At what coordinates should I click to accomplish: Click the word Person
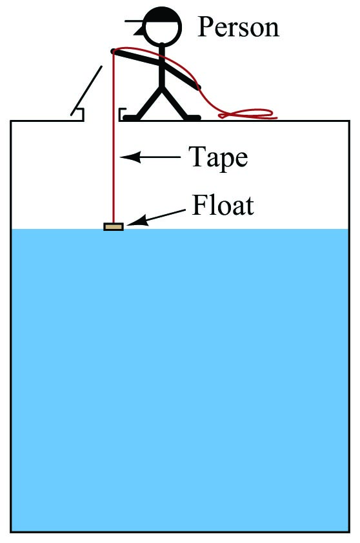pyautogui.click(x=238, y=27)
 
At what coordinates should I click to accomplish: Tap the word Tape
pyautogui.click(x=218, y=158)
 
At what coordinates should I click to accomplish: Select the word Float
pyautogui.click(x=223, y=205)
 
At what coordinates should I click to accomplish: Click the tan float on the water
pyautogui.click(x=114, y=227)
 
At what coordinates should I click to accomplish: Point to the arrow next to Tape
pyautogui.click(x=150, y=157)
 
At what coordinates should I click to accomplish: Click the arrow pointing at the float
pyautogui.click(x=156, y=217)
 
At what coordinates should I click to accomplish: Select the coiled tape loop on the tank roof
pyautogui.click(x=248, y=114)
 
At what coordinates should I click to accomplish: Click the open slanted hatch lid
pyautogui.click(x=86, y=90)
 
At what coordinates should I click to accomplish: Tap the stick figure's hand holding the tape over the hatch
pyautogui.click(x=114, y=51)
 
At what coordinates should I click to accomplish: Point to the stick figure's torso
pyautogui.click(x=162, y=66)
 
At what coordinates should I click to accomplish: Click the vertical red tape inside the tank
pyautogui.click(x=114, y=139)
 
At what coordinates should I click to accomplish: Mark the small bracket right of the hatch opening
pyautogui.click(x=121, y=114)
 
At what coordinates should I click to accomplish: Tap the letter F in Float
pyautogui.click(x=199, y=205)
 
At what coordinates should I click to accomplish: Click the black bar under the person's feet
pyautogui.click(x=162, y=118)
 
